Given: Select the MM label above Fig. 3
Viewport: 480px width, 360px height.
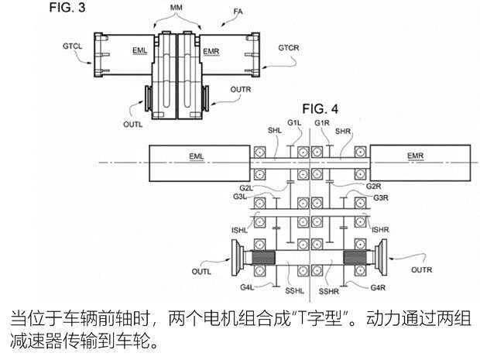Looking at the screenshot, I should tap(178, 9).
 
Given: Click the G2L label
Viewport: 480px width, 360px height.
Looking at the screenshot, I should tap(245, 188).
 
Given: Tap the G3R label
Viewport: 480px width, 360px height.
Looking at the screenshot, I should tap(380, 198).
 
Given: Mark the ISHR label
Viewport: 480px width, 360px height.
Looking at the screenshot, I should tap(380, 229).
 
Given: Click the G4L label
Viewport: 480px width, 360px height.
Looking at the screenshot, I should tap(247, 288).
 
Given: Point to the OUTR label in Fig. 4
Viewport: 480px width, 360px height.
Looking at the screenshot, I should tap(421, 270).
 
